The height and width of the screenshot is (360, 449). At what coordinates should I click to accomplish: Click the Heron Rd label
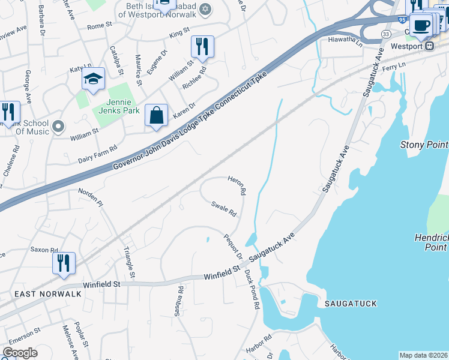237,186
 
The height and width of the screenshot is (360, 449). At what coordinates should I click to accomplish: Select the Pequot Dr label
233,247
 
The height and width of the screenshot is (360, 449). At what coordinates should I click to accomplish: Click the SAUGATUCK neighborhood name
351,304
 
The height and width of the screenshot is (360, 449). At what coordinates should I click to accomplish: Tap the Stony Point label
424,145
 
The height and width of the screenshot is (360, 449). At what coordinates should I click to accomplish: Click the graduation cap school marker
93,79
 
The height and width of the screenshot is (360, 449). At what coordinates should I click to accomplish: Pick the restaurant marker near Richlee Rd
202,46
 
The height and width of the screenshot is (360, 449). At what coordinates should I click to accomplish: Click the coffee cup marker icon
422,26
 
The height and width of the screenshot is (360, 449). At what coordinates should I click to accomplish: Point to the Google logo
20,353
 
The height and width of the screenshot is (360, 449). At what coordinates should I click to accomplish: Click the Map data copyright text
423,355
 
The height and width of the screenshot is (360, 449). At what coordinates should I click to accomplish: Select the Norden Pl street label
91,196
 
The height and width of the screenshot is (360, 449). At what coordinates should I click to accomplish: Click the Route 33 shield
385,34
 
